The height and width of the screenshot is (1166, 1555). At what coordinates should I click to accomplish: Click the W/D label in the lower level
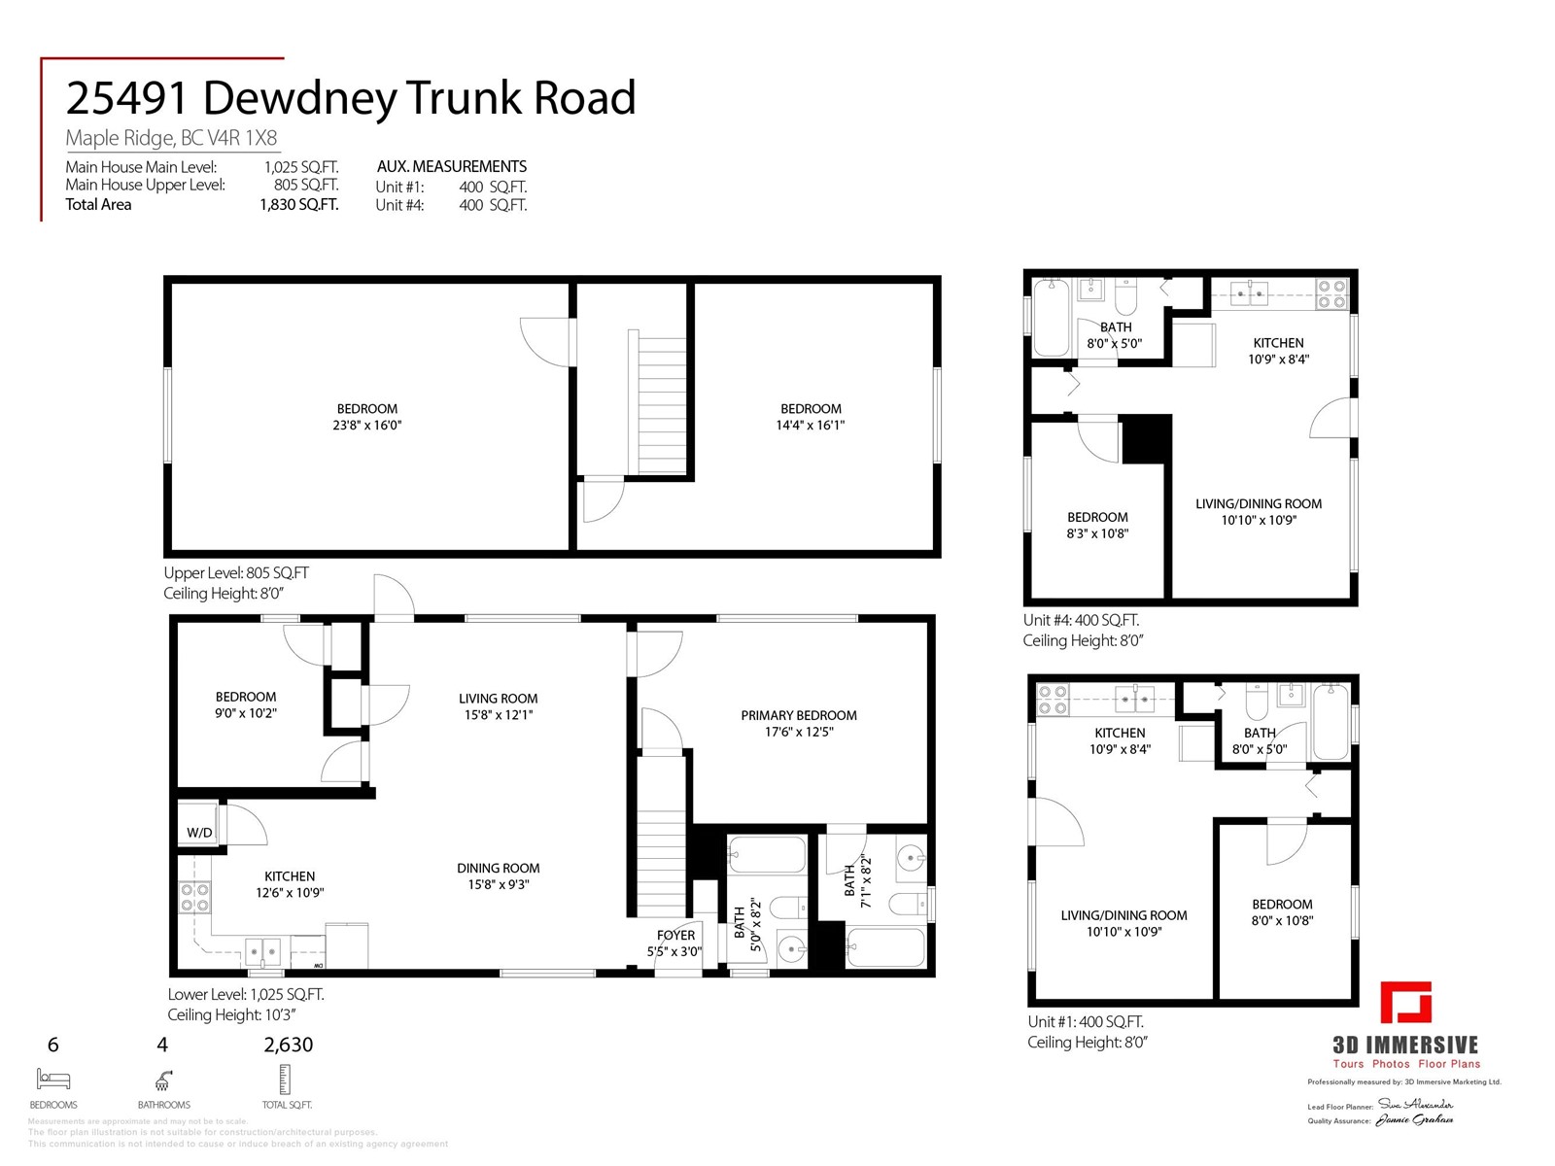coord(199,833)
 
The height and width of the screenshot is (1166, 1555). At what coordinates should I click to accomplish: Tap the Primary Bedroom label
coord(799,715)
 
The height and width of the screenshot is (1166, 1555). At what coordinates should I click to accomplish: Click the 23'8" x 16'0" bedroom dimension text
coord(367,425)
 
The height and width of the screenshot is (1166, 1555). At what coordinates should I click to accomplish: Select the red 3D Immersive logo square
coord(1406,1003)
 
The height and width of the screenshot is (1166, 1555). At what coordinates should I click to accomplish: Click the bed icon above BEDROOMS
coord(53,1079)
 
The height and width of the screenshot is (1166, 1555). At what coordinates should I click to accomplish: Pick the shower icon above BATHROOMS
coord(163,1080)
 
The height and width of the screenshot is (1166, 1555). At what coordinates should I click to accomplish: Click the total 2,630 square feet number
coord(288,1046)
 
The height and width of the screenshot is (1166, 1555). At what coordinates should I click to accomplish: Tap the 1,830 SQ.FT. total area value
coord(298,204)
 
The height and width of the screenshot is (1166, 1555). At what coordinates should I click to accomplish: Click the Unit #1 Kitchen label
coord(1120,733)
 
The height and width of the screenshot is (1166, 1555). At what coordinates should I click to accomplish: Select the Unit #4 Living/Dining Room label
coord(1259,503)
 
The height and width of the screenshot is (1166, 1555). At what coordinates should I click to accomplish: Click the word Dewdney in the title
coord(301,98)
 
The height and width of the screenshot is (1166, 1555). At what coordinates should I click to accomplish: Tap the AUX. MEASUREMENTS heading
coord(452,166)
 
